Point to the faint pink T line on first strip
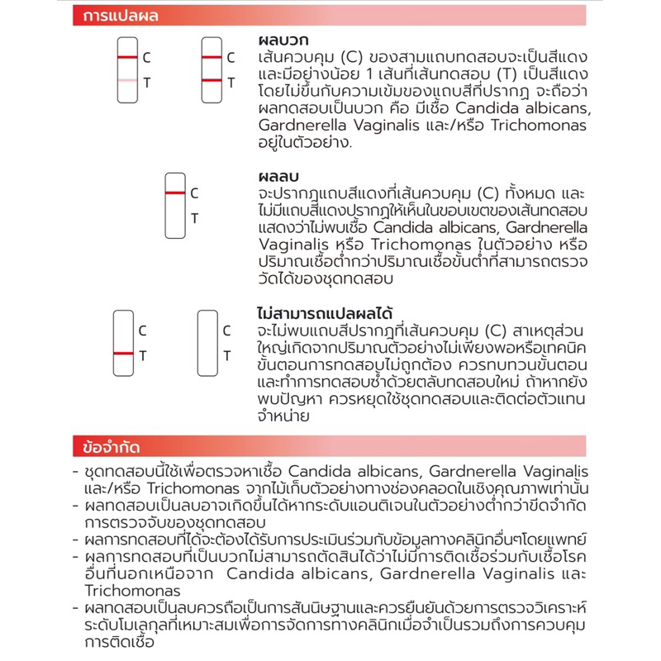click(126, 80)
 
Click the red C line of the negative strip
click(175, 193)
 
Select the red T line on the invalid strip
click(123, 353)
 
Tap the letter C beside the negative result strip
click(195, 193)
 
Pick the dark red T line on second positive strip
click(211, 80)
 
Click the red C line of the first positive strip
click(126, 57)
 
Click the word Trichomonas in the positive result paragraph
click(540, 125)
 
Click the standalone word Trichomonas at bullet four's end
click(132, 591)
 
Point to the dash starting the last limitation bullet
click(75, 609)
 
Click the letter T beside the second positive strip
click(231, 82)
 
